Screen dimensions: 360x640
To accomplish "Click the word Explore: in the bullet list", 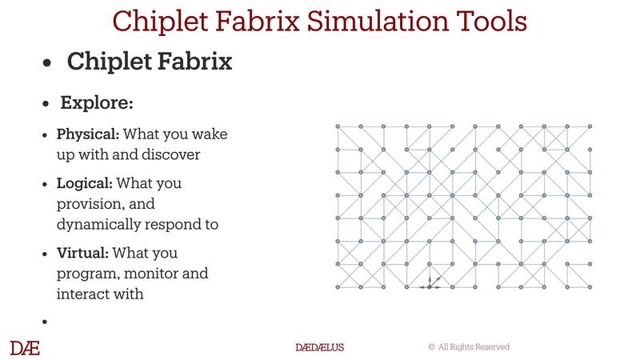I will tap(97, 104).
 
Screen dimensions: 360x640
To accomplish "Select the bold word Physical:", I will tap(88, 134).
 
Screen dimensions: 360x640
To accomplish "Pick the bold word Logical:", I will tap(85, 184).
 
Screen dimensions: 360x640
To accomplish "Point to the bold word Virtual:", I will tap(83, 254).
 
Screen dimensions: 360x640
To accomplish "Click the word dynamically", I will tap(96, 225).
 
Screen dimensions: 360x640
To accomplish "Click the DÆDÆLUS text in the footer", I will tap(319, 347).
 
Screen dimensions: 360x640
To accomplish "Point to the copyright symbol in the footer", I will tap(431, 347).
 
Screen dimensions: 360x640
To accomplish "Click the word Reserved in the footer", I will tap(490, 347).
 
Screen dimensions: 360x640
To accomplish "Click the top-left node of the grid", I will tap(337, 126).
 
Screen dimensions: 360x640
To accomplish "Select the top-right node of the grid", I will tap(590, 126).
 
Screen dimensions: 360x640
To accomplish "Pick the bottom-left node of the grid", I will tap(337, 286).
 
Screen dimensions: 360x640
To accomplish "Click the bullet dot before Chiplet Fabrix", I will tap(49, 62).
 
